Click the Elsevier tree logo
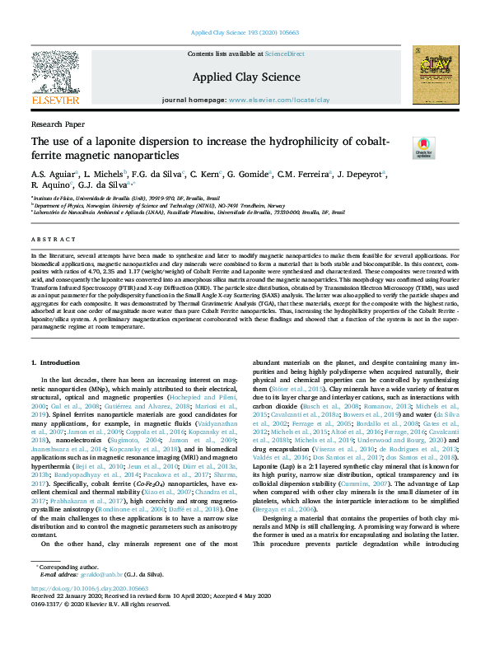(x=55, y=72)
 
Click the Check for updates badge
(x=423, y=147)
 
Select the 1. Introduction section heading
(x=55, y=362)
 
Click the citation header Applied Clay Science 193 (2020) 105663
(x=245, y=32)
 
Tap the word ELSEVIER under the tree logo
(x=55, y=100)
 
